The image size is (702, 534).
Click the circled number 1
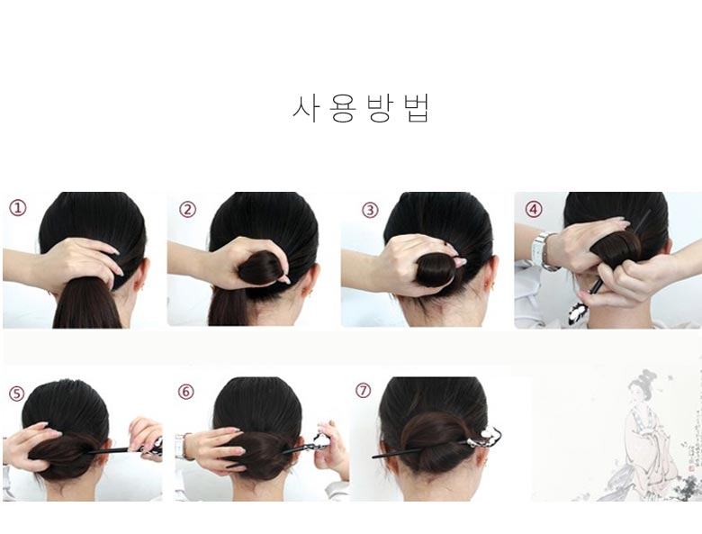click(18, 208)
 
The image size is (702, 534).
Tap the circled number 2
click(187, 210)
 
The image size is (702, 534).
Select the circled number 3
click(370, 210)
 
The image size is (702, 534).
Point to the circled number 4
click(534, 209)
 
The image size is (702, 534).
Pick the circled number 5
click(17, 393)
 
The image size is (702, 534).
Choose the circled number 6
click(186, 392)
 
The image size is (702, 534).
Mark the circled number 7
click(364, 391)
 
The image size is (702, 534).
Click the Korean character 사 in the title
click(307, 107)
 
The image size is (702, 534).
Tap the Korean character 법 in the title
click(417, 107)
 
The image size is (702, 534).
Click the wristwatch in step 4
click(540, 249)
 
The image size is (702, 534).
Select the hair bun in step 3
click(436, 269)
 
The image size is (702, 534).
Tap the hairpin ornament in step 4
click(577, 312)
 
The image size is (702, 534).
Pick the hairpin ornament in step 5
click(155, 446)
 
